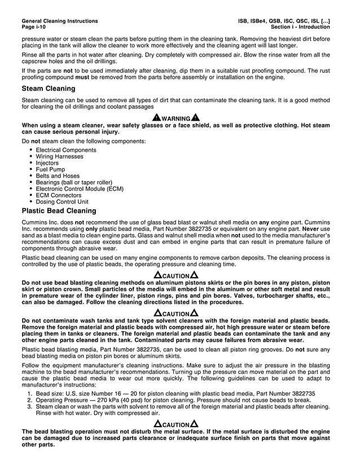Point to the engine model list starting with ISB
pyautogui.click(x=284, y=21)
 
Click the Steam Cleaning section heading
pyautogui.click(x=49, y=89)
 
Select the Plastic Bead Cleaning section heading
pyautogui.click(x=59, y=211)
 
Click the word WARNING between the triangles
pyautogui.click(x=175, y=118)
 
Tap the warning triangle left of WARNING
pyautogui.click(x=156, y=117)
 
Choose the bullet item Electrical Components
pyautogui.click(x=66, y=150)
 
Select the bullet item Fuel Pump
pyautogui.click(x=50, y=169)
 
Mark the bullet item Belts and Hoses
pyautogui.click(x=58, y=176)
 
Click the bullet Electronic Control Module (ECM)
pyautogui.click(x=80, y=189)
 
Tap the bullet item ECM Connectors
pyautogui.click(x=59, y=195)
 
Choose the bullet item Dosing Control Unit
pyautogui.click(x=62, y=201)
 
